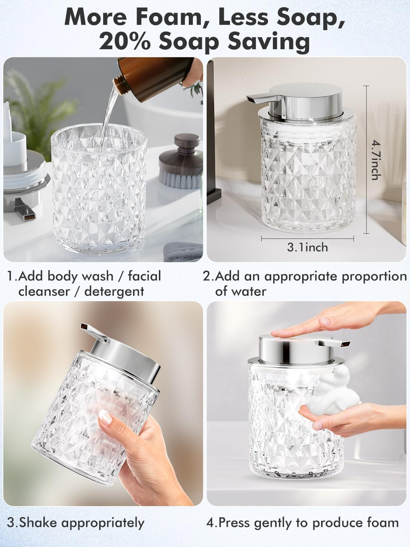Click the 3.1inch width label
point(307,248)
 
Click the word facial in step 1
point(144,276)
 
